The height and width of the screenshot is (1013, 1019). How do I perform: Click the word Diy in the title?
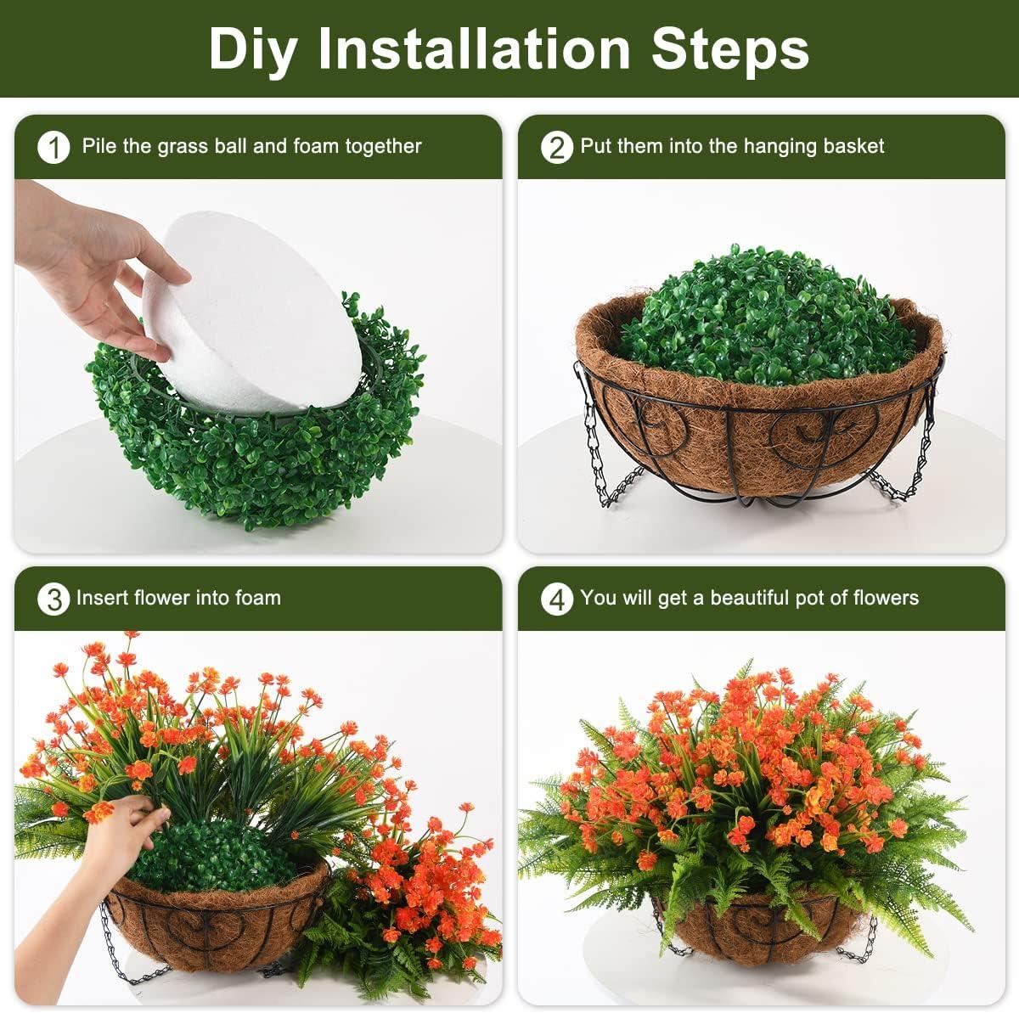(252, 49)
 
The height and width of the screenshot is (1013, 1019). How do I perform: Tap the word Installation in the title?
(475, 48)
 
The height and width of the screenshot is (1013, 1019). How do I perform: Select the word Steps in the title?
(730, 50)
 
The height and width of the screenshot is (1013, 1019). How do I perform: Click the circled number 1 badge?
(54, 148)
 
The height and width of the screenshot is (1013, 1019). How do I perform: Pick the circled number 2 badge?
(557, 148)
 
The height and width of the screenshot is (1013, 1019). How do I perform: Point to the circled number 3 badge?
(54, 599)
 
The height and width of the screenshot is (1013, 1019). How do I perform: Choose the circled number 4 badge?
(557, 599)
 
